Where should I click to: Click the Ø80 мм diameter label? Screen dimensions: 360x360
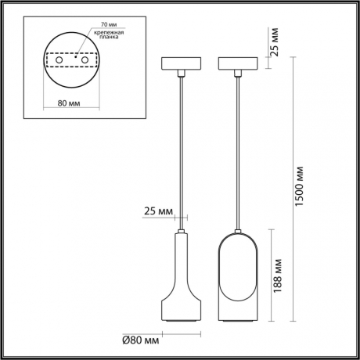point(142,340)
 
